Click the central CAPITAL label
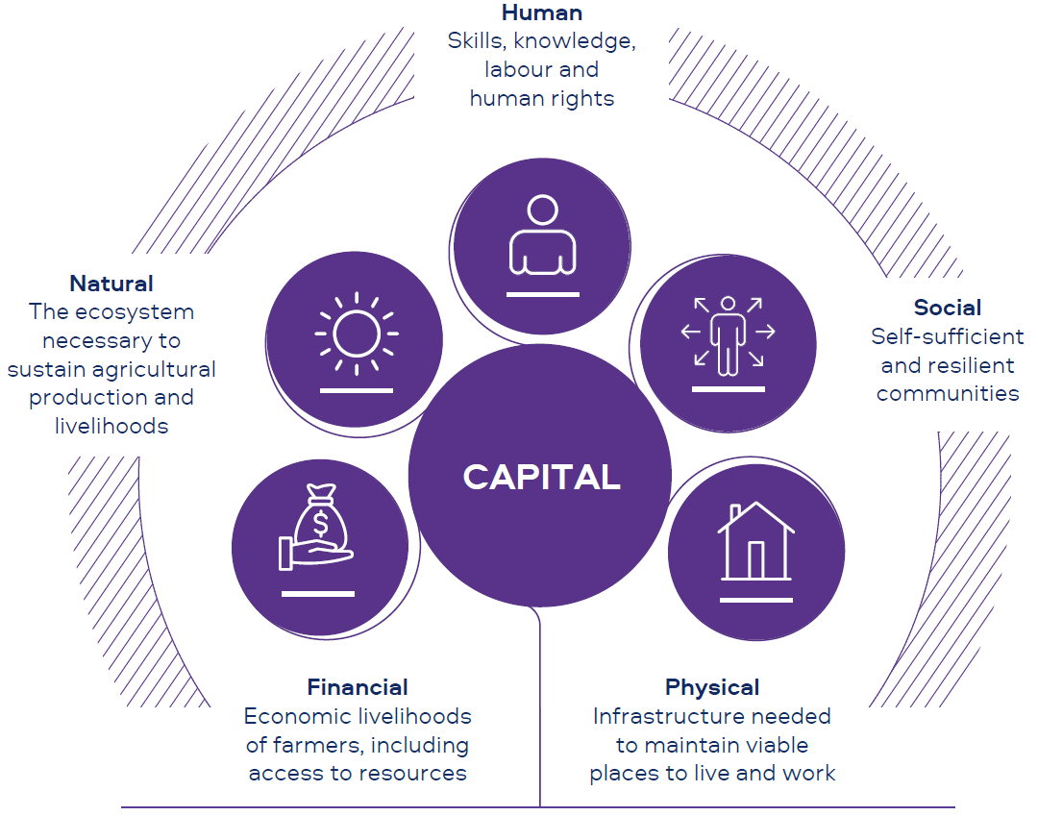pos(541,478)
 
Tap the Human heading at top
pos(542,12)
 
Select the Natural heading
pos(111,284)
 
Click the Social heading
pos(948,308)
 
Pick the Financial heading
pos(358,687)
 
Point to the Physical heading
pos(712,687)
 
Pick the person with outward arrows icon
pos(728,334)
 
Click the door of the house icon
pos(756,560)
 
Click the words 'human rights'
pos(542,98)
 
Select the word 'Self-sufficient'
pos(948,336)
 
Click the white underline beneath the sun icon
pos(356,390)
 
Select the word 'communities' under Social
pos(948,393)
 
